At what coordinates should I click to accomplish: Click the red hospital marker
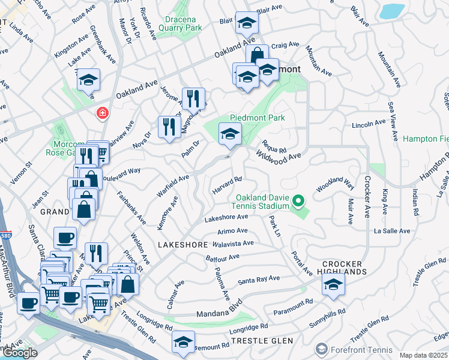tap(103, 112)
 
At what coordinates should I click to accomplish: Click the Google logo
tap(20, 353)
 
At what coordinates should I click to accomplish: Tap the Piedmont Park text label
tap(257, 118)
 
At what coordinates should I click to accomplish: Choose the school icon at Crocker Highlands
tap(333, 284)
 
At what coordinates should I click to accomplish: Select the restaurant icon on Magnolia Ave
tap(193, 98)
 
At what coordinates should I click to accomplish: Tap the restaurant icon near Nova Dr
tap(169, 126)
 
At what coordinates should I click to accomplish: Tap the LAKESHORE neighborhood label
tap(182, 245)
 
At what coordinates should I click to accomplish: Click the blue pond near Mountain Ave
tap(392, 11)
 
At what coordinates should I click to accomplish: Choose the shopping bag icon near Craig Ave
tap(257, 55)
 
